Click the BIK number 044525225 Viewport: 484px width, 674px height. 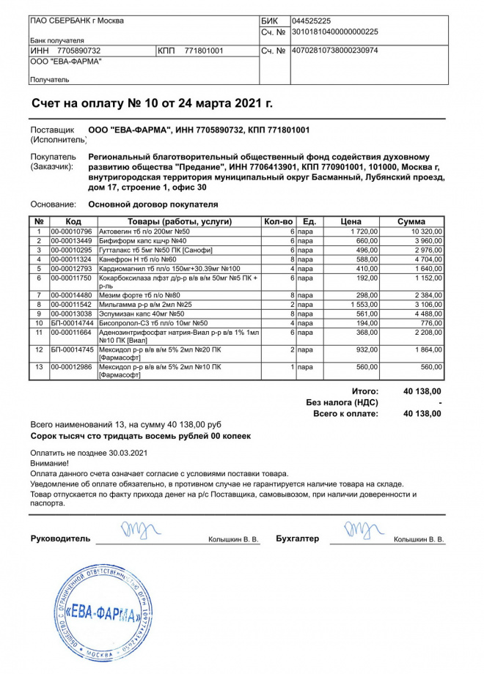click(x=311, y=21)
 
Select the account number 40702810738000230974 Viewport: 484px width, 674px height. click(x=334, y=51)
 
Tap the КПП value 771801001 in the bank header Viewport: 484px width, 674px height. click(x=204, y=51)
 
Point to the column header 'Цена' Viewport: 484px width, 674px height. click(x=351, y=221)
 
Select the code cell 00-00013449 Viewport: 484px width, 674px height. click(x=71, y=241)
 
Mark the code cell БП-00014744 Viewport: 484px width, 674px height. click(x=71, y=323)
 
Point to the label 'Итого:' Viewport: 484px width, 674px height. click(x=364, y=392)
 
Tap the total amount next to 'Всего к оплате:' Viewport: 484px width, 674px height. click(x=422, y=414)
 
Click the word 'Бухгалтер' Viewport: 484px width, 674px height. click(x=298, y=539)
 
